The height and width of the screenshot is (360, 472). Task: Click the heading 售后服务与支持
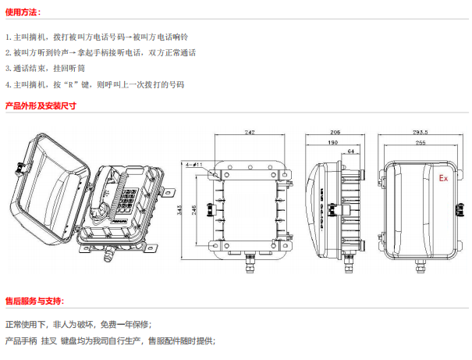coord(35,301)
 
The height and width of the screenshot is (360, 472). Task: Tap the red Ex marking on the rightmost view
coord(442,179)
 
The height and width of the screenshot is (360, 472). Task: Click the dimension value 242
coord(249,133)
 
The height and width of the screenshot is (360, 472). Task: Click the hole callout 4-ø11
coord(195,165)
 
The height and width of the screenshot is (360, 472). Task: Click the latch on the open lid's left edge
coord(21,166)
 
